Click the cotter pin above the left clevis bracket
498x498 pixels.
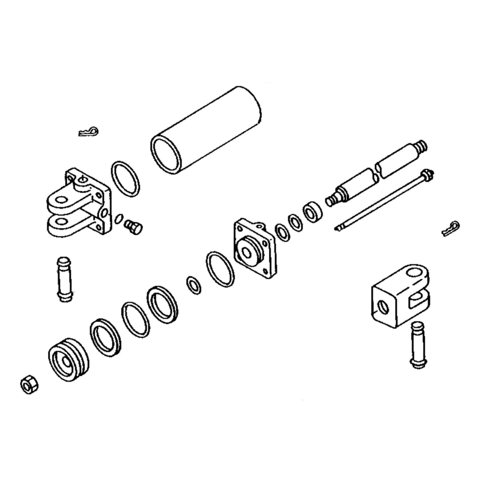coord(89,132)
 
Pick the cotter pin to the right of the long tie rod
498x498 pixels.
coord(451,228)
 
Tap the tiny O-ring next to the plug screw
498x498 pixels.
coord(118,218)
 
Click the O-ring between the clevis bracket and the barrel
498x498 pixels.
coord(125,179)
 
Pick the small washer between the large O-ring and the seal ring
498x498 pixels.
coord(193,285)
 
